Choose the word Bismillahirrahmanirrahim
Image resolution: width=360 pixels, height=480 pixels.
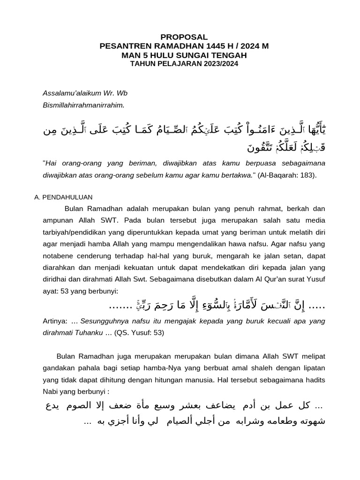tap(83, 105)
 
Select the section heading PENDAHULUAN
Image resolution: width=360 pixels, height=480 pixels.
tap(68, 197)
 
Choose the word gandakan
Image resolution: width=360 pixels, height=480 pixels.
tap(60, 367)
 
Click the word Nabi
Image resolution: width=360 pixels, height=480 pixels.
tap(50, 392)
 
